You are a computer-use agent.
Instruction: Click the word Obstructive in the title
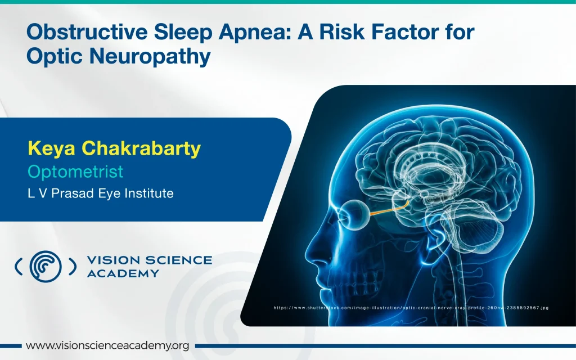coord(87,31)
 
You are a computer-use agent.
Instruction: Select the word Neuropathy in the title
coord(150,57)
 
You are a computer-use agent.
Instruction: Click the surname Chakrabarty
coord(141,148)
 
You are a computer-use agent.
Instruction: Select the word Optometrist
coord(75,172)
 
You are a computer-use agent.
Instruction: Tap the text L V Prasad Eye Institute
coord(101,193)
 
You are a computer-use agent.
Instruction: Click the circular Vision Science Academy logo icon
coord(46,266)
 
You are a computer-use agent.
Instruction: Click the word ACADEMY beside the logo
coord(123,274)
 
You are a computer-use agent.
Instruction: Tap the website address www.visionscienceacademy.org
coord(107,346)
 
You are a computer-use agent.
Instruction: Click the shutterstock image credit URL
coord(411,308)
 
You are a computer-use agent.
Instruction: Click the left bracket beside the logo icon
coord(17,266)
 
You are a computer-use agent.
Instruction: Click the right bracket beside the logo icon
coord(73,266)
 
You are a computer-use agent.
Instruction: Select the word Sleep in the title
coord(183,32)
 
